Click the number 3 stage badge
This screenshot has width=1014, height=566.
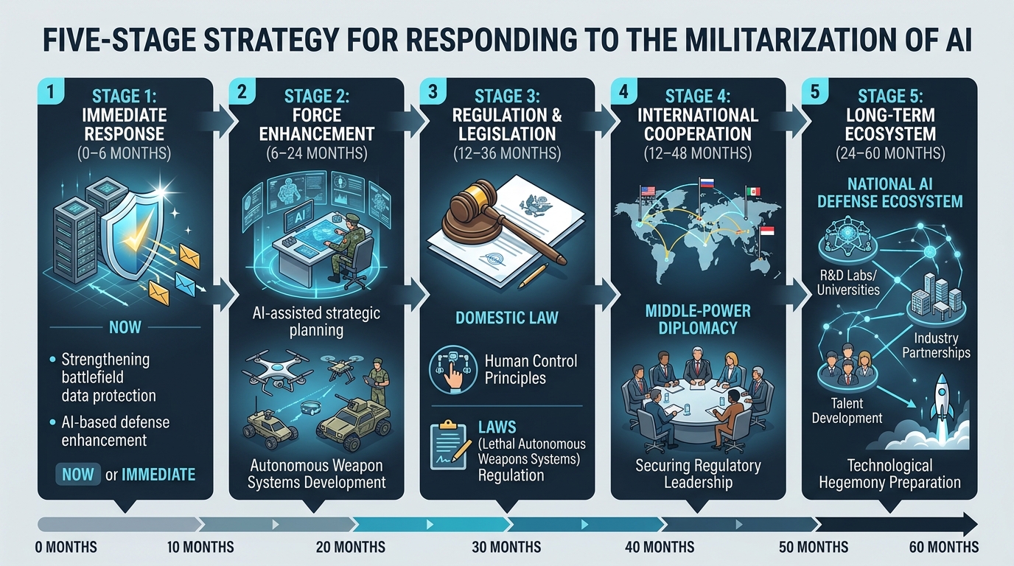click(433, 91)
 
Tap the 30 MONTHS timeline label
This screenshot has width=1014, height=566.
click(506, 547)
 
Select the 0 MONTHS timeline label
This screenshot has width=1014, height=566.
click(66, 547)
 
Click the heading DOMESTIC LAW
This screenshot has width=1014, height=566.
click(506, 318)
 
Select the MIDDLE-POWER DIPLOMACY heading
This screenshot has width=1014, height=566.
click(698, 319)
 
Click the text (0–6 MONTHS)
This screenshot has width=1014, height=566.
click(125, 153)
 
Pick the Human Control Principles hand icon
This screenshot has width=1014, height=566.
click(452, 368)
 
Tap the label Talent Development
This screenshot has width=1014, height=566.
click(847, 410)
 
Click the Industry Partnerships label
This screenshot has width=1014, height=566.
click(936, 346)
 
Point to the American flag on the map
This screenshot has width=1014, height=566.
click(648, 191)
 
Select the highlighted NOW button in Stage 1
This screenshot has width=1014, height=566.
click(78, 474)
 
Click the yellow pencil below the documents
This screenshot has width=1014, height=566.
click(534, 276)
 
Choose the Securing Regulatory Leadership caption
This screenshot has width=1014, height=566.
click(698, 474)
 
